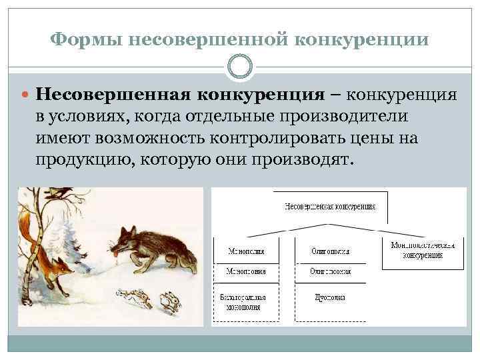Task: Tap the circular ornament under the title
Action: click(240, 67)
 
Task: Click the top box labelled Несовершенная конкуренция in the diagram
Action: click(329, 205)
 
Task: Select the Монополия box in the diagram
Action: click(247, 251)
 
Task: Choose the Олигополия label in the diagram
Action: click(329, 251)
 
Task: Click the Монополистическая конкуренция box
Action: click(423, 251)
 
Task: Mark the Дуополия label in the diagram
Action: click(329, 297)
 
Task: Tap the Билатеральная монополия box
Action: click(247, 301)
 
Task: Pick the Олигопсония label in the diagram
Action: click(329, 272)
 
